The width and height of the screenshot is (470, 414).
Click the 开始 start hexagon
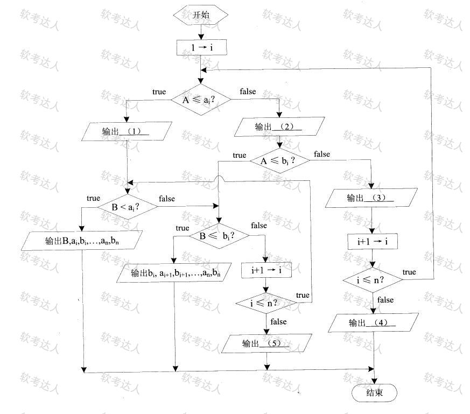click(200, 15)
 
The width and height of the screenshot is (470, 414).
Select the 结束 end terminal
click(374, 392)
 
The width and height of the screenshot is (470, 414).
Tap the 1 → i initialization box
click(201, 47)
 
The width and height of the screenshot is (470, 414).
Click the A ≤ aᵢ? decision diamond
click(201, 100)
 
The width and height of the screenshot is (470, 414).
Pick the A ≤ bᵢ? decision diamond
click(279, 160)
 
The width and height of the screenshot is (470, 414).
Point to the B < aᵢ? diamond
click(128, 207)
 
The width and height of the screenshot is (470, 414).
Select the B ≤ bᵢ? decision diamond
click(219, 236)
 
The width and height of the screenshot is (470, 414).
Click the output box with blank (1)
click(127, 131)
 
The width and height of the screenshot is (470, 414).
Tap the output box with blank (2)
click(279, 127)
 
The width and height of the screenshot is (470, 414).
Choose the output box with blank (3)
click(371, 198)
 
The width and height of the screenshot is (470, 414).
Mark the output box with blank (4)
click(374, 322)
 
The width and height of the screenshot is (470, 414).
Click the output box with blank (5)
click(266, 343)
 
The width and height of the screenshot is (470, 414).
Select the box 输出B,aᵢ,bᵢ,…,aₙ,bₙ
click(82, 241)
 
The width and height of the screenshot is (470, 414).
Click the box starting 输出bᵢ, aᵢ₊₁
click(174, 273)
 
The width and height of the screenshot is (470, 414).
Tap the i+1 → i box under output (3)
click(373, 241)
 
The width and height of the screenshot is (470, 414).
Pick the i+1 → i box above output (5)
click(266, 270)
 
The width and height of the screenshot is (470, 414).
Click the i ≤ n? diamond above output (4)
click(373, 280)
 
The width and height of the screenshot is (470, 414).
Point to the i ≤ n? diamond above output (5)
click(266, 304)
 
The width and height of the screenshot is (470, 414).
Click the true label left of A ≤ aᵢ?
click(159, 92)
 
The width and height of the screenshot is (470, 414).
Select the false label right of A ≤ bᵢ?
click(322, 154)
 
